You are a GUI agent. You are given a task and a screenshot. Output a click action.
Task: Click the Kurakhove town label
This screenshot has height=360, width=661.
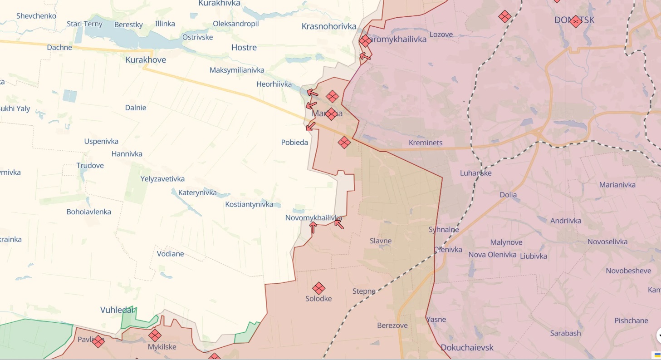[x=146, y=59]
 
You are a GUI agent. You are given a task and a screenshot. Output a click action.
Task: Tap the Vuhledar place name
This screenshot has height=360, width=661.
[x=118, y=310]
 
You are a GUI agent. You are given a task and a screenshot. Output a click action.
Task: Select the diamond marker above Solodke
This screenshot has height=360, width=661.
[x=319, y=288]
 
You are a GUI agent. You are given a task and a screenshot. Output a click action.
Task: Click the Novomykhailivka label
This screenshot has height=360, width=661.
[x=313, y=218]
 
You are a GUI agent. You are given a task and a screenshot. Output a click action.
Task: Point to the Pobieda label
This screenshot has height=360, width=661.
[x=294, y=142]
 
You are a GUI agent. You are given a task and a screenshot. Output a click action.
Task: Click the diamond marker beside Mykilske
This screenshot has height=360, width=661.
[x=155, y=335]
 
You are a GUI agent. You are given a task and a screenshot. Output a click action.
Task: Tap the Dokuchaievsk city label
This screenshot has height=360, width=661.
[x=467, y=347]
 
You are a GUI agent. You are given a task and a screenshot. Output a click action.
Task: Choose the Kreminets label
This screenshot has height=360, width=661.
[x=425, y=143]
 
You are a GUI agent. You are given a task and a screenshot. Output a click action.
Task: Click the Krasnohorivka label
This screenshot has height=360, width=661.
[x=329, y=26]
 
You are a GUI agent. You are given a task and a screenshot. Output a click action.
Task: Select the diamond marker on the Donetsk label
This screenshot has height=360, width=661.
[x=575, y=21]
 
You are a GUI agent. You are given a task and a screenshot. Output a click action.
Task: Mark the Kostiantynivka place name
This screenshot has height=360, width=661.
[x=249, y=204]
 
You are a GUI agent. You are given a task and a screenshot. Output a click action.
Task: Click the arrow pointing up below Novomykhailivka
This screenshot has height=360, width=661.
[x=313, y=227]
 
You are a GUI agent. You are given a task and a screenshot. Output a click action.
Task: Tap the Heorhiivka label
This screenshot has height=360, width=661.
[x=274, y=84]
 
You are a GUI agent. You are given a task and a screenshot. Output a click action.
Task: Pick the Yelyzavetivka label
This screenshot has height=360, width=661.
[x=162, y=179]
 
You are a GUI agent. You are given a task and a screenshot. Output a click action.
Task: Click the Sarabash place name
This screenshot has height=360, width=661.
[x=565, y=333]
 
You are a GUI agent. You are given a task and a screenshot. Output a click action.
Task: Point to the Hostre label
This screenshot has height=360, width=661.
[x=244, y=47]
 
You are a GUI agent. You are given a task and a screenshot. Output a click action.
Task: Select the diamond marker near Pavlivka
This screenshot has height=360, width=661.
[x=98, y=341]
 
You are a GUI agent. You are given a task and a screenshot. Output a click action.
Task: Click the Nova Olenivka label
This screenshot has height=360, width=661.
[x=492, y=255]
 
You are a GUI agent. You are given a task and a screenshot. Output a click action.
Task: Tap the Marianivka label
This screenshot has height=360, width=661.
[x=623, y=185]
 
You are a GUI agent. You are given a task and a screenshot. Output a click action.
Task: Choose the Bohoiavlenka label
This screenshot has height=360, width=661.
[x=88, y=212]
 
